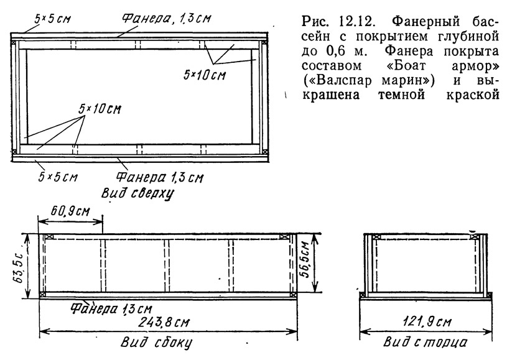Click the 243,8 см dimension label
click(164, 322)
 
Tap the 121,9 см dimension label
click(427, 321)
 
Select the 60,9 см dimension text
click(70, 211)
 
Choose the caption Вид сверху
click(138, 194)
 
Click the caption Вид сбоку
click(157, 343)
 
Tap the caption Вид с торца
click(425, 342)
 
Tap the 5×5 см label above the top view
click(52, 19)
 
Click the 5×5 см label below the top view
click(58, 177)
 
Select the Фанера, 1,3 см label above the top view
click(166, 18)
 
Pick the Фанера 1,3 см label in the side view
click(111, 308)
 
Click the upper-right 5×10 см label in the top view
click(205, 75)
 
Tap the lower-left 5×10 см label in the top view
click(100, 109)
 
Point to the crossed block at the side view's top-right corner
click(284, 236)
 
